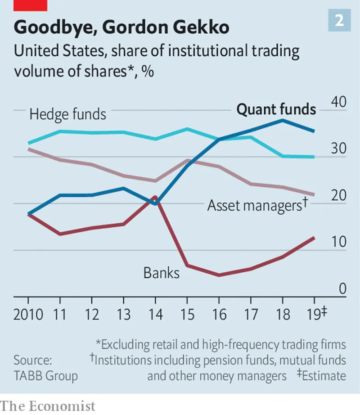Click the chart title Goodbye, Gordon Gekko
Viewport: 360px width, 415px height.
pyautogui.click(x=121, y=28)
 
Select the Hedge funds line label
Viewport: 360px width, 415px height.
pyautogui.click(x=67, y=114)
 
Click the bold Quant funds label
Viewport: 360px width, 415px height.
pyautogui.click(x=276, y=109)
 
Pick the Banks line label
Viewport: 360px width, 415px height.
pyautogui.click(x=162, y=272)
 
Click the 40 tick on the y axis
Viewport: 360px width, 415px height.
pyautogui.click(x=338, y=101)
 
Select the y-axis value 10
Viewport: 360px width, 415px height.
pyautogui.click(x=338, y=242)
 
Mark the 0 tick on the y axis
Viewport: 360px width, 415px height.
pyautogui.click(x=342, y=289)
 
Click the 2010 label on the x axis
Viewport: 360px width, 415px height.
pyautogui.click(x=28, y=314)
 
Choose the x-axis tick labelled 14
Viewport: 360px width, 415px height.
pyautogui.click(x=155, y=314)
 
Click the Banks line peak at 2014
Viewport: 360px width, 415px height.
pyautogui.click(x=155, y=197)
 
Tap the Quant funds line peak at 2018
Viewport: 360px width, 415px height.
pyautogui.click(x=283, y=120)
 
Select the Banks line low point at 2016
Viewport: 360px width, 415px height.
pyautogui.click(x=219, y=275)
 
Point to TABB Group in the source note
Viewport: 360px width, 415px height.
pyautogui.click(x=45, y=375)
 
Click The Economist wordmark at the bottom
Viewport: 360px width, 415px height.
pyautogui.click(x=48, y=406)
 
